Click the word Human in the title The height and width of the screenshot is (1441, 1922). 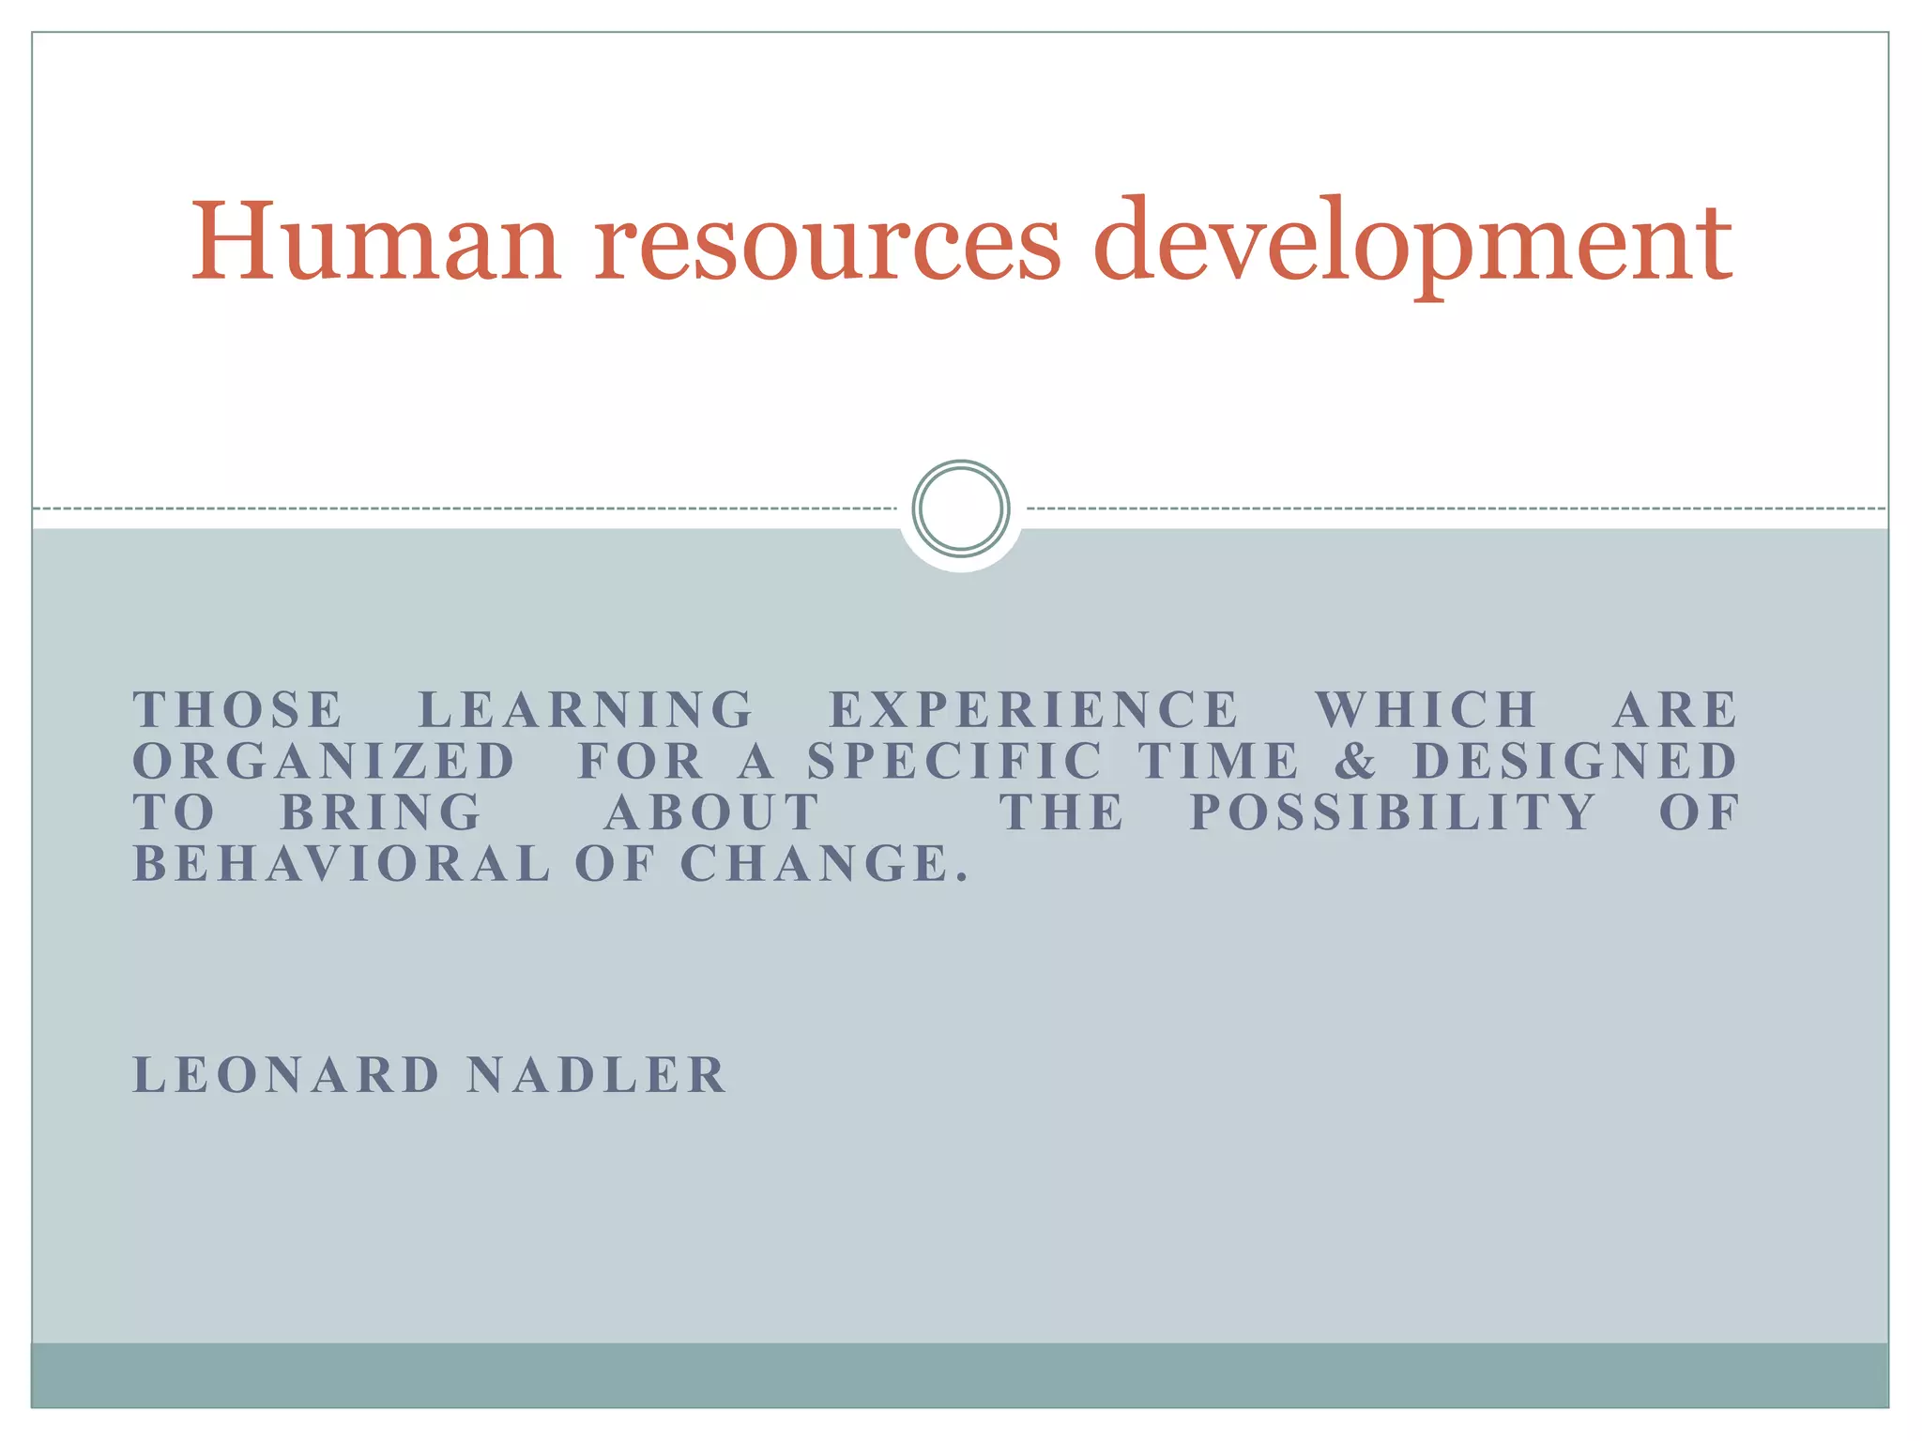[376, 241]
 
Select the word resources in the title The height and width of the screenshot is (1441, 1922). [828, 241]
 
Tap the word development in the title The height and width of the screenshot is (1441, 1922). [1412, 241]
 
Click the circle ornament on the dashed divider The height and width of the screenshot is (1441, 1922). [960, 508]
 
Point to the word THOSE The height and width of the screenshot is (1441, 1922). [238, 710]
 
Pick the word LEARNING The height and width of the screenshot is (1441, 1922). [586, 710]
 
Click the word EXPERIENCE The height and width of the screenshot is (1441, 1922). [1034, 710]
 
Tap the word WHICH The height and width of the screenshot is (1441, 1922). [1426, 710]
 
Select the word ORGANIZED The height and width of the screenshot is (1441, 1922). [325, 761]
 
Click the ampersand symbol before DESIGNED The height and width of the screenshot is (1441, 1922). [1356, 761]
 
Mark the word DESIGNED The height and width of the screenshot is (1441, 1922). [1576, 761]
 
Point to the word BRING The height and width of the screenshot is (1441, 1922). [382, 812]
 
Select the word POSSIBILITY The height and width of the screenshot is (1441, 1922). [1393, 812]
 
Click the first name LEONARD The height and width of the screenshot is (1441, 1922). [287, 1075]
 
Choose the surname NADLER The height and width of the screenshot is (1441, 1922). [597, 1075]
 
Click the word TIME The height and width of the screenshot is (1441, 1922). [1219, 761]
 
